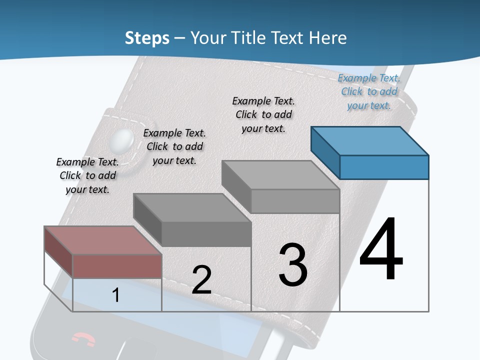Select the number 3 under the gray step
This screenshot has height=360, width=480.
(293, 264)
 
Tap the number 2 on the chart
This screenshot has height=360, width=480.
(201, 280)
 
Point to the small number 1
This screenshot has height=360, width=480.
(116, 295)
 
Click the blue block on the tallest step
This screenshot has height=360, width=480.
(383, 167)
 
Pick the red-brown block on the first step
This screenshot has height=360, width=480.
(117, 265)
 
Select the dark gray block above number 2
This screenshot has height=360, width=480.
(206, 233)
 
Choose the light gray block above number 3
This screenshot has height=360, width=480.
(295, 200)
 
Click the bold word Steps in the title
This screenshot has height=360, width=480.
(147, 37)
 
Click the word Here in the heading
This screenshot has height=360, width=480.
(327, 37)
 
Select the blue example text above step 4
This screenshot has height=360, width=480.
(369, 91)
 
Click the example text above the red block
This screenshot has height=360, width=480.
(87, 175)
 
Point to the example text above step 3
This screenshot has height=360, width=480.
(263, 114)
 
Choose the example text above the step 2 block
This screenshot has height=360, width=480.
(174, 146)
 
